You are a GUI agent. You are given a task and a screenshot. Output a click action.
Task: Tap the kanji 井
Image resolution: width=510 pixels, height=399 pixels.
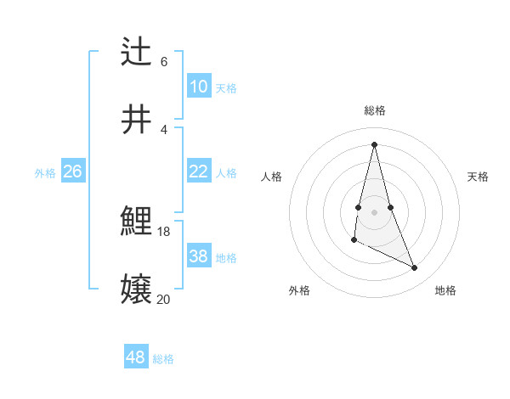click(x=137, y=120)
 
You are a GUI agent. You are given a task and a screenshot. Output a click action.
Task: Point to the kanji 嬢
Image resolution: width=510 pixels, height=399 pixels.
click(x=137, y=290)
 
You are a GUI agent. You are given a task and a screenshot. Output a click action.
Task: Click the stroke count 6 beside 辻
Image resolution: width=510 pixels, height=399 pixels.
click(x=164, y=62)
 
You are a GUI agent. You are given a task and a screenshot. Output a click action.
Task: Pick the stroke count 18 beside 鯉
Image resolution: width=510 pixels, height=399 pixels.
click(x=164, y=231)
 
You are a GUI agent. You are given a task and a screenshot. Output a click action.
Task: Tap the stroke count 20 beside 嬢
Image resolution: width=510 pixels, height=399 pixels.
click(x=164, y=299)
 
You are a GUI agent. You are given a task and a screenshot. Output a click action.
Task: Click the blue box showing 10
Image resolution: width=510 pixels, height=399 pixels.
click(x=199, y=87)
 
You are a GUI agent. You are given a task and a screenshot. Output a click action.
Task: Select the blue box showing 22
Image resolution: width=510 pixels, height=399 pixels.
click(x=199, y=171)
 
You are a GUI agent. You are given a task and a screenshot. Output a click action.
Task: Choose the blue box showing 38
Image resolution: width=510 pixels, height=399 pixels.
click(x=199, y=256)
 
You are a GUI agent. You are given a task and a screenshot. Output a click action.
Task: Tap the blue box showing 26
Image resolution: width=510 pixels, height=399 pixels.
click(x=72, y=171)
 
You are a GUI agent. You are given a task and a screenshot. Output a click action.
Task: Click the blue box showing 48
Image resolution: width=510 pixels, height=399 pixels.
click(x=135, y=357)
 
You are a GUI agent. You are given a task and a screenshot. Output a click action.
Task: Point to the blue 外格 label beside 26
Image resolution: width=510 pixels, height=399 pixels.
click(x=45, y=173)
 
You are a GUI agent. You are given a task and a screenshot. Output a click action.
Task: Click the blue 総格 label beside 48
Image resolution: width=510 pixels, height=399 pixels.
click(x=163, y=359)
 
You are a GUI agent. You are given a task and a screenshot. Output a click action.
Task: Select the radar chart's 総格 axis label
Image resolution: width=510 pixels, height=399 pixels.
click(x=375, y=110)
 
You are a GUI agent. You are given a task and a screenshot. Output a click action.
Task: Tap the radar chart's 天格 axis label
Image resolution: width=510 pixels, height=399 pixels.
click(x=479, y=177)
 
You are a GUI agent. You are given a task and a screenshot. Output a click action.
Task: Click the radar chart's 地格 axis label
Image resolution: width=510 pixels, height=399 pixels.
click(x=445, y=290)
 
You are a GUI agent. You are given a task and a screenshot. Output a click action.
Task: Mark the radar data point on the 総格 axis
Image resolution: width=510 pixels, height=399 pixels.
click(x=374, y=143)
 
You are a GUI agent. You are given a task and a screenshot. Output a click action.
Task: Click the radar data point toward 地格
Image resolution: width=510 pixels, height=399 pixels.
click(x=415, y=267)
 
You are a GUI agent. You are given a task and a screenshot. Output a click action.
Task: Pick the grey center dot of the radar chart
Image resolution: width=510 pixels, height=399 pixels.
click(x=374, y=211)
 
